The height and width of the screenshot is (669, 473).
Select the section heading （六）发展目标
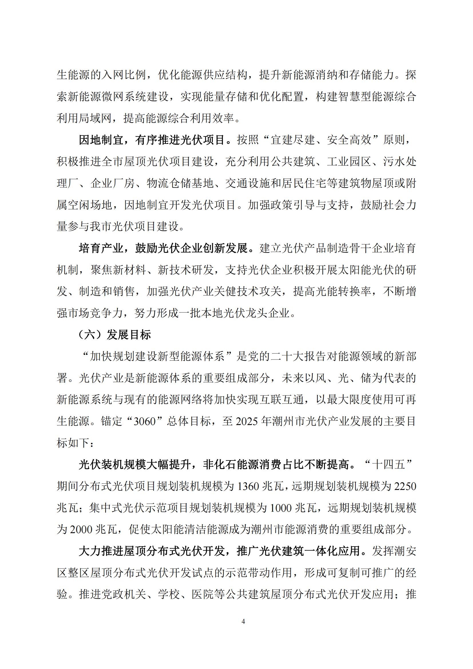tap(115, 335)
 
